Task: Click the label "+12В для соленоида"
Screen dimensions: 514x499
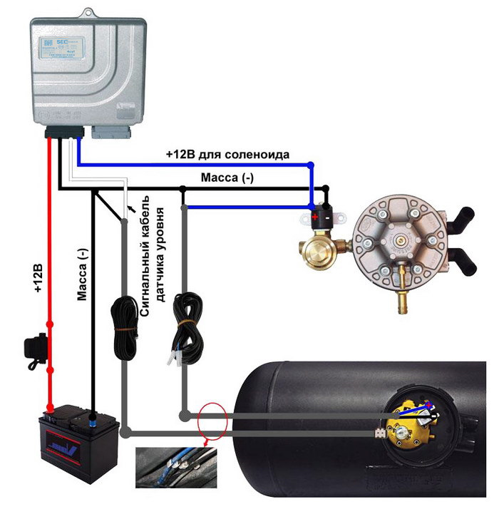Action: pos(227,154)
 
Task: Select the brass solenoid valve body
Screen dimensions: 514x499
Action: pos(318,247)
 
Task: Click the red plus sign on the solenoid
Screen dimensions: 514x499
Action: pos(314,215)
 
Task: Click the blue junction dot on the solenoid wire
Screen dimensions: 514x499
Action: pos(310,165)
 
